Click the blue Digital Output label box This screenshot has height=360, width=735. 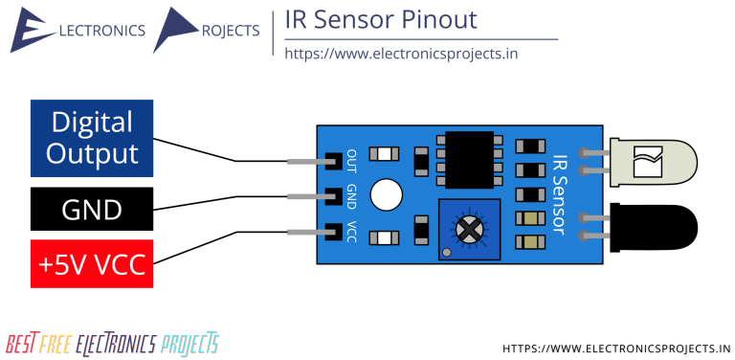click(91, 138)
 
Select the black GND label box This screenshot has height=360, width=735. click(91, 210)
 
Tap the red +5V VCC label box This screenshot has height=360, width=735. click(91, 263)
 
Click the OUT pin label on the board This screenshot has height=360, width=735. click(352, 159)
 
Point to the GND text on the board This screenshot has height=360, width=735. click(352, 196)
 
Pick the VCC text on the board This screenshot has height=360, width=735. click(352, 231)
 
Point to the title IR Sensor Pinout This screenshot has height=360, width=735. click(381, 20)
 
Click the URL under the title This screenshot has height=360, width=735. click(401, 54)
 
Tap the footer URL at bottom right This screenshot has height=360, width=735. click(616, 348)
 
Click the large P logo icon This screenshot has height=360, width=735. click(175, 30)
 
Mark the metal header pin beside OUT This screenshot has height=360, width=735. click(306, 161)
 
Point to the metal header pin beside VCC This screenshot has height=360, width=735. click(306, 231)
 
